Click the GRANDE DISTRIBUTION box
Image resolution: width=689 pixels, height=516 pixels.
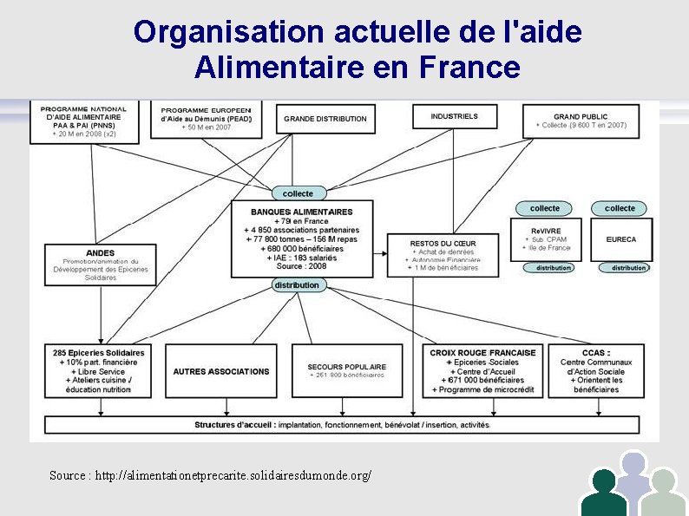(325, 119)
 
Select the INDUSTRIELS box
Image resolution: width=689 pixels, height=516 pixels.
(454, 116)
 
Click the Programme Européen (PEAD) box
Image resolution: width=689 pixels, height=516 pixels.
(207, 120)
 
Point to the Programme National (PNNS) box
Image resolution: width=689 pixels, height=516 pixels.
(83, 121)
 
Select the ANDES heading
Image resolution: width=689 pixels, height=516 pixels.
(101, 253)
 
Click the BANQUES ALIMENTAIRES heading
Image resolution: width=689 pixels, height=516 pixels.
(302, 212)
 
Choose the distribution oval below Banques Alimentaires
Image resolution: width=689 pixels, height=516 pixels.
(297, 284)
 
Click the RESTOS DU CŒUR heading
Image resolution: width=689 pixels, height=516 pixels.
(443, 244)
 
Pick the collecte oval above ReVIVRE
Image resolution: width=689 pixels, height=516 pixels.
(545, 208)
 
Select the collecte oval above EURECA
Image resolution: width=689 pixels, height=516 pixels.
(620, 208)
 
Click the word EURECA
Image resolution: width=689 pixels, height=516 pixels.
(620, 239)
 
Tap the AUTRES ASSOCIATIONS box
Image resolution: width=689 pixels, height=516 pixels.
(221, 371)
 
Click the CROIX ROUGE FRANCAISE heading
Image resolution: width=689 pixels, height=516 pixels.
(482, 353)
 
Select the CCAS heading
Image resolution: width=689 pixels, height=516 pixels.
(596, 353)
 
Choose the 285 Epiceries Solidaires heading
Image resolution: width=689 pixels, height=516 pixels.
(99, 353)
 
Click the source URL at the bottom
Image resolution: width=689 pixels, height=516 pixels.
(211, 476)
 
